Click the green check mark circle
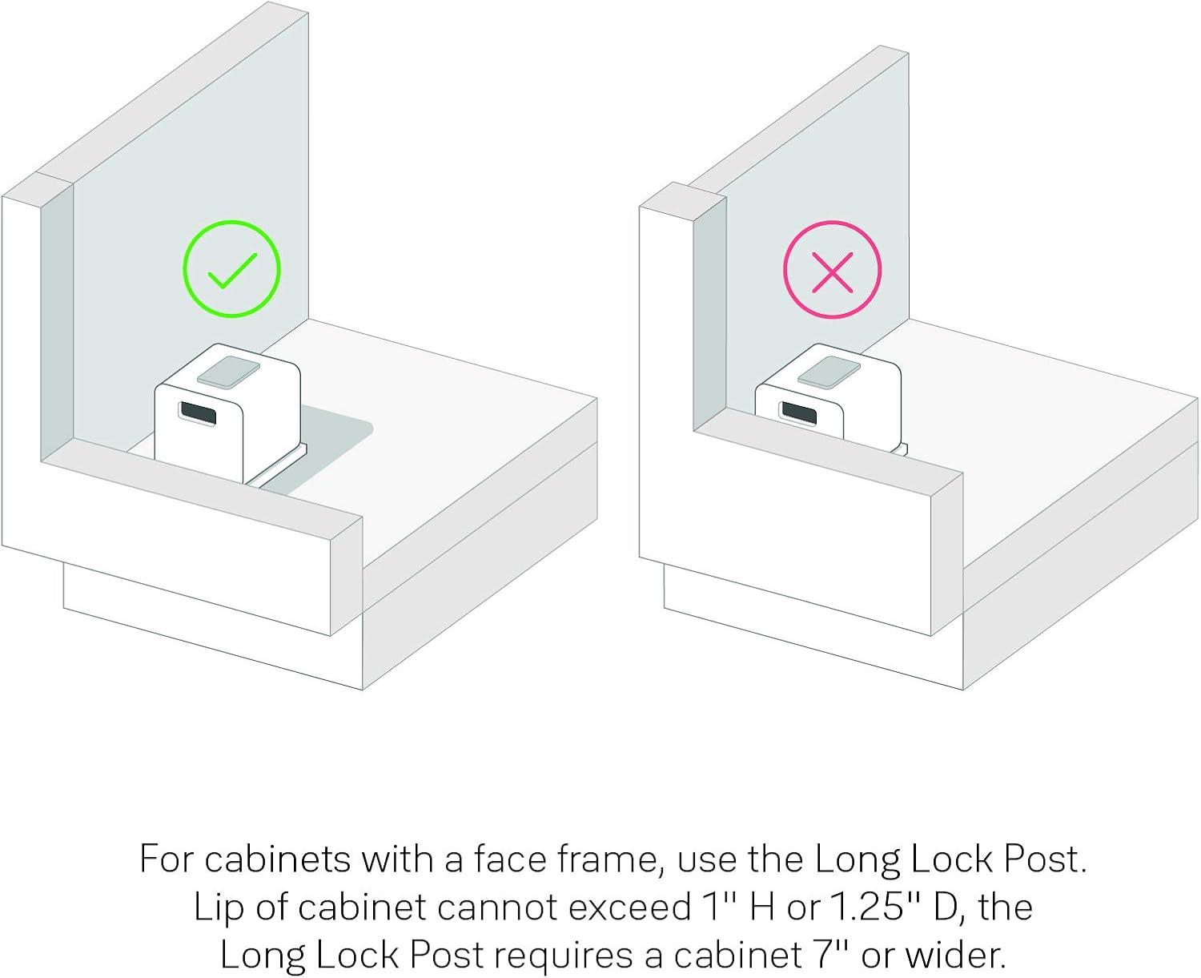[231, 222]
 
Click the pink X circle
[832, 222]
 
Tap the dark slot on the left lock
[197, 414]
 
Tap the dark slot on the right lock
[798, 413]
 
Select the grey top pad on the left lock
[228, 372]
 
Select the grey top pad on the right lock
[829, 372]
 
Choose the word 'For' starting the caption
[167, 859]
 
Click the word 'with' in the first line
[397, 859]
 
